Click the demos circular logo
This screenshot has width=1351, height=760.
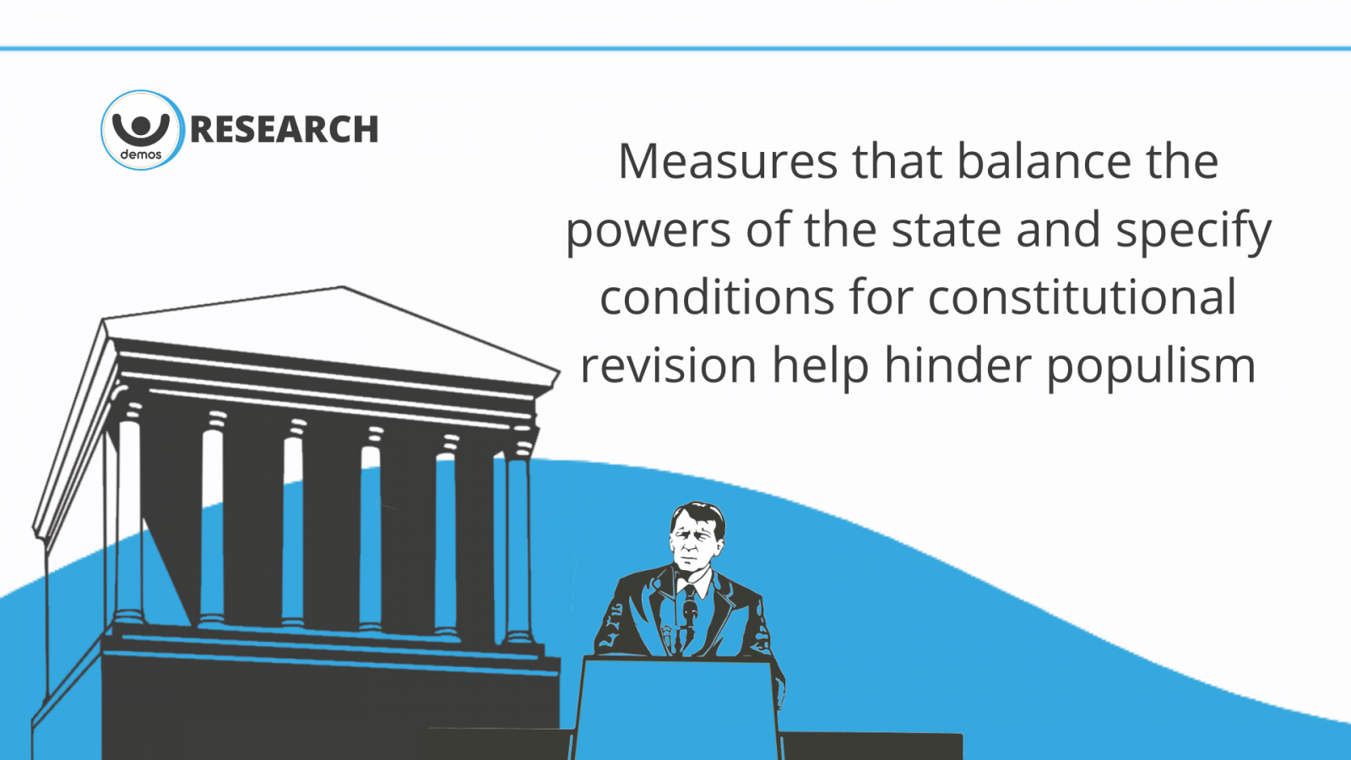(142, 130)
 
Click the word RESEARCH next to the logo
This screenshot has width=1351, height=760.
(284, 129)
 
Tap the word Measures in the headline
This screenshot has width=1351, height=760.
(728, 161)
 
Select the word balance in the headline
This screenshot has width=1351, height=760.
(1044, 160)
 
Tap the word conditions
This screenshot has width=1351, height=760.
(717, 297)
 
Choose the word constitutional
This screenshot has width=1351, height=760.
(1082, 296)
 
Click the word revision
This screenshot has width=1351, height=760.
(668, 366)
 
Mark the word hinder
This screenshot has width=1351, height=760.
(957, 364)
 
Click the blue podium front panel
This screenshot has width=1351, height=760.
(676, 709)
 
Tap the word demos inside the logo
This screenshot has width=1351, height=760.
(141, 155)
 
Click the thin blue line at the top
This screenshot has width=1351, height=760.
(675, 48)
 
